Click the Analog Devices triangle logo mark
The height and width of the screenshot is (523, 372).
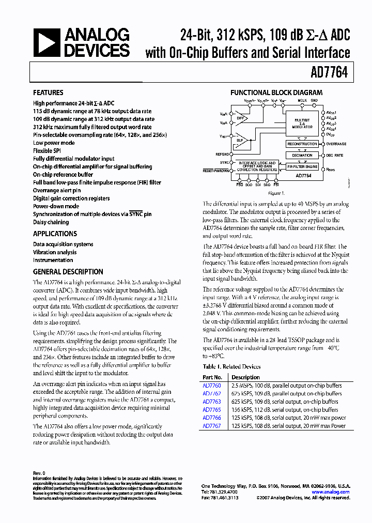pyautogui.click(x=47, y=42)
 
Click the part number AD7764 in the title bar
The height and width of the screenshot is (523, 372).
pyautogui.click(x=330, y=73)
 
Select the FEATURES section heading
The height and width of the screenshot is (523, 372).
pyautogui.click(x=49, y=93)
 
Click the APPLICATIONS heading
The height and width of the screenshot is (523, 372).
pyautogui.click(x=55, y=234)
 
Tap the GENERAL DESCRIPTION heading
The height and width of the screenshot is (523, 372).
pyautogui.click(x=68, y=272)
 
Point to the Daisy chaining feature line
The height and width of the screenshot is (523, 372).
pyautogui.click(x=51, y=222)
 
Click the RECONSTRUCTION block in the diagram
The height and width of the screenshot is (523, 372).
pyautogui.click(x=302, y=144)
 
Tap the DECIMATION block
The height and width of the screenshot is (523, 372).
pyautogui.click(x=302, y=155)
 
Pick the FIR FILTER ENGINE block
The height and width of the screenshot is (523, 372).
pyautogui.click(x=302, y=167)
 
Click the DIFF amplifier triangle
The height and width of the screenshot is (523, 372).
pyautogui.click(x=239, y=117)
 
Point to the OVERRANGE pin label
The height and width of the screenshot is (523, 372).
pyautogui.click(x=336, y=144)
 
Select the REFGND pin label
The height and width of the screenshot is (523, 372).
pyautogui.click(x=223, y=154)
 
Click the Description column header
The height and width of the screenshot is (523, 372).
pyautogui.click(x=245, y=377)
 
